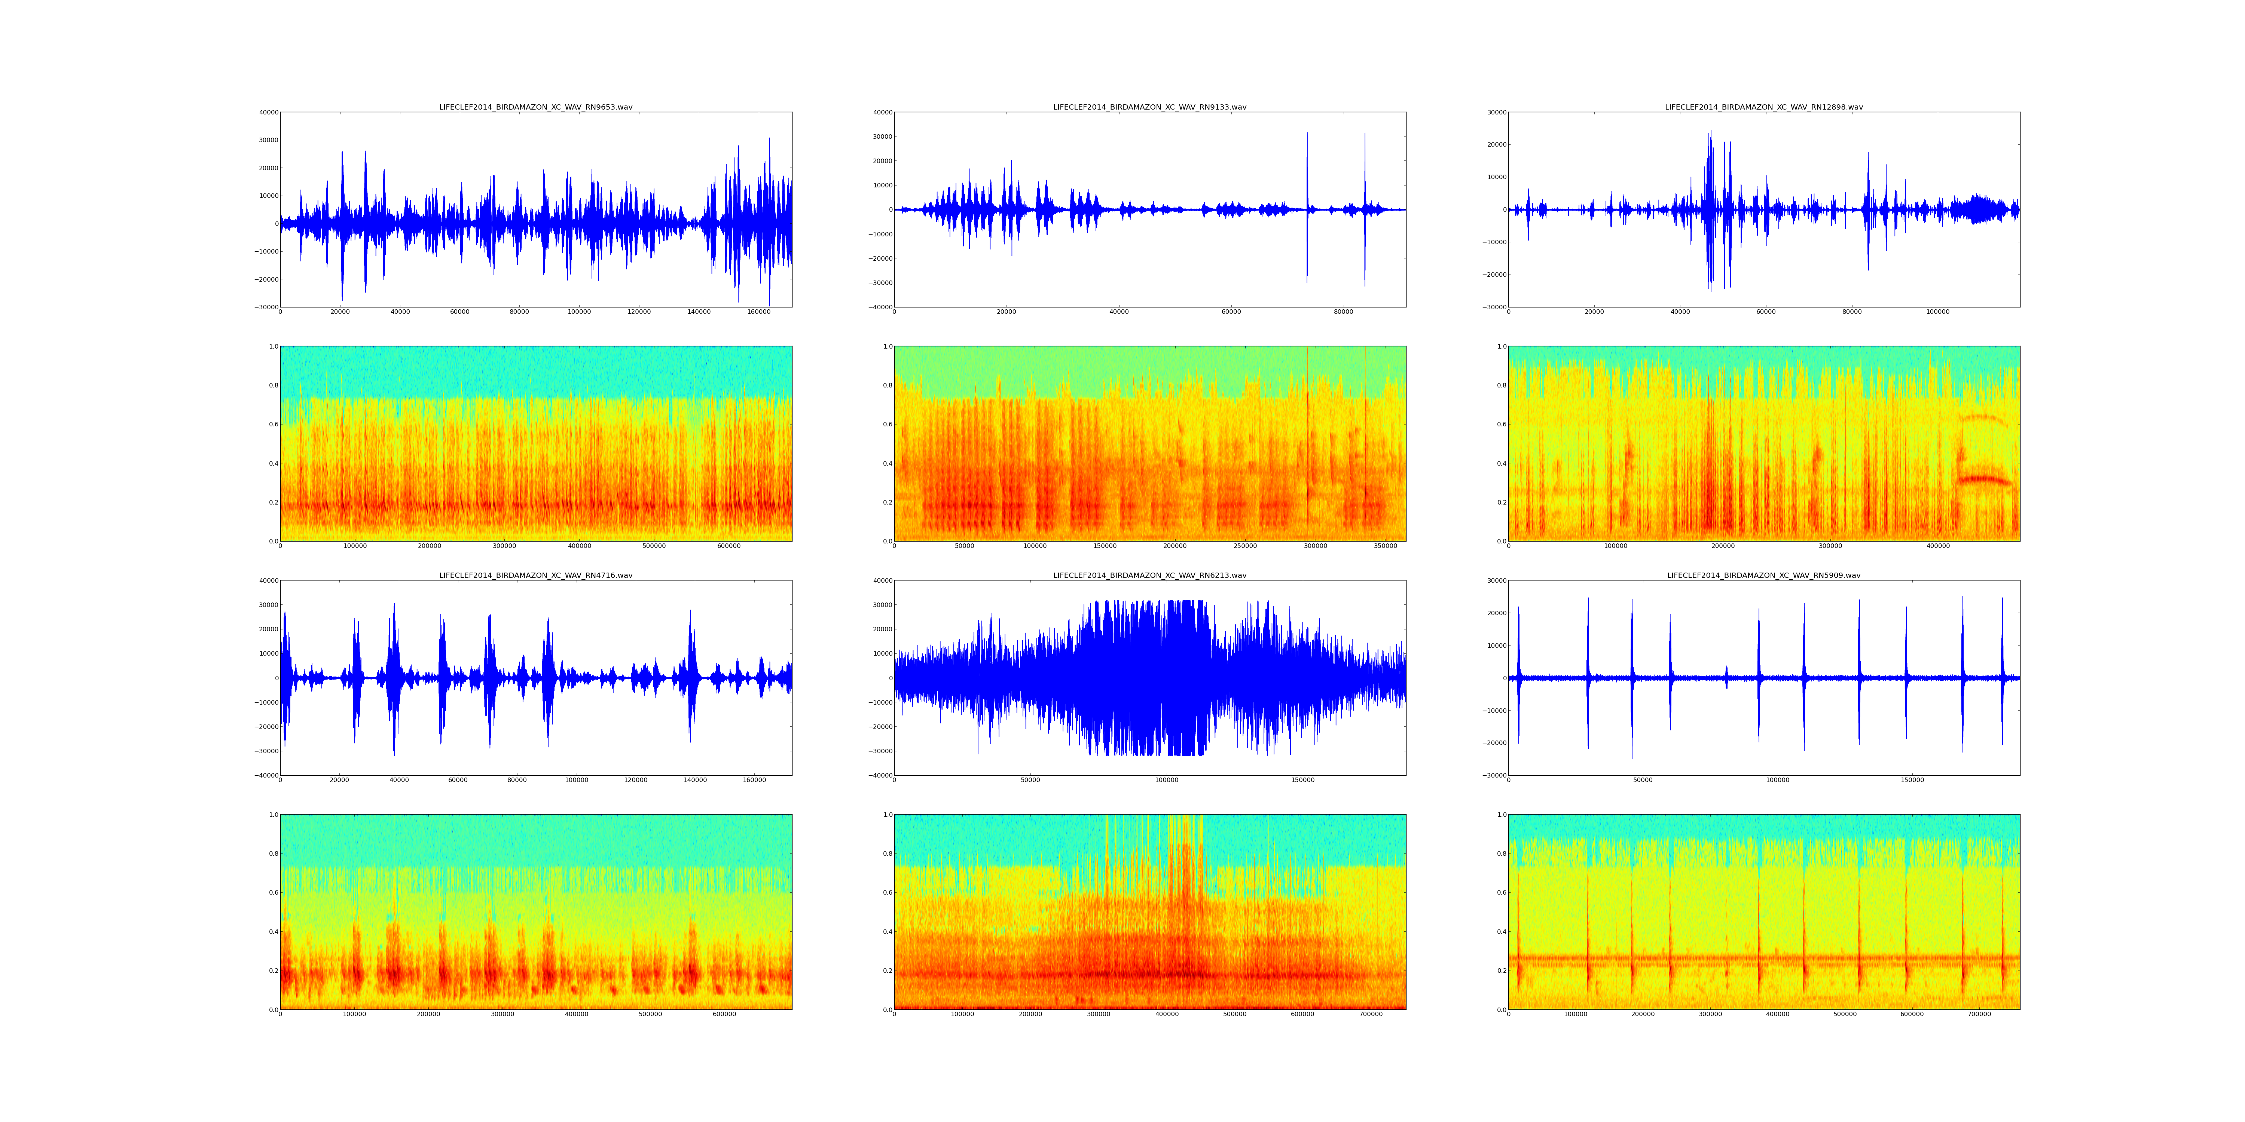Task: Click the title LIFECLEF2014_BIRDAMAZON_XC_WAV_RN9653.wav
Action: (535, 107)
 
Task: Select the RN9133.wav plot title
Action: (1149, 107)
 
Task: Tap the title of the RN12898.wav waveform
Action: (1763, 107)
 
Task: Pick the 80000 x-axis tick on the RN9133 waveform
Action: (1343, 312)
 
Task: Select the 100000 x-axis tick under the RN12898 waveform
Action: (1937, 312)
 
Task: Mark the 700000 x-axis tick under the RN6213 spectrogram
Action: (1371, 1014)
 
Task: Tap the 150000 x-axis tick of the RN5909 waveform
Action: (1912, 781)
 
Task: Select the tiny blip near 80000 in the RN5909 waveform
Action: (1726, 672)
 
